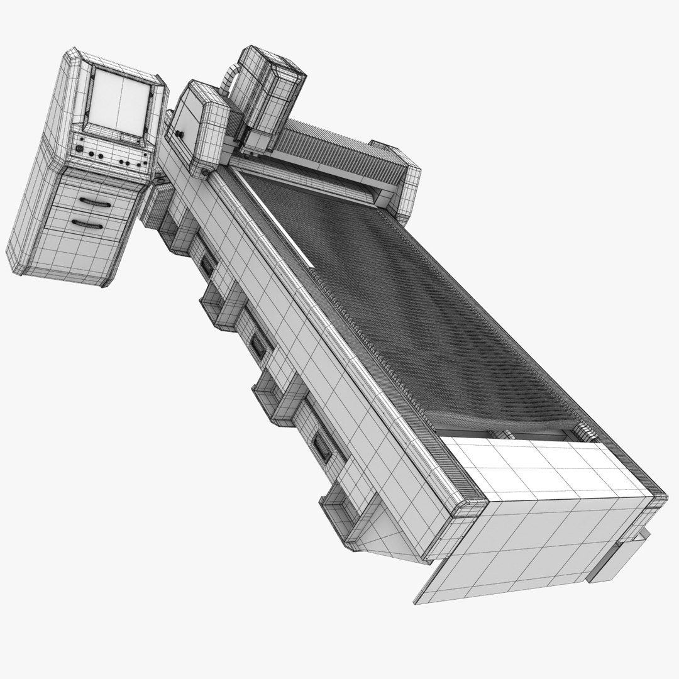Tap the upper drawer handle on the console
coord(97,202)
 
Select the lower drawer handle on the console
coord(87,223)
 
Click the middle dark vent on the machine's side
coord(258,345)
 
